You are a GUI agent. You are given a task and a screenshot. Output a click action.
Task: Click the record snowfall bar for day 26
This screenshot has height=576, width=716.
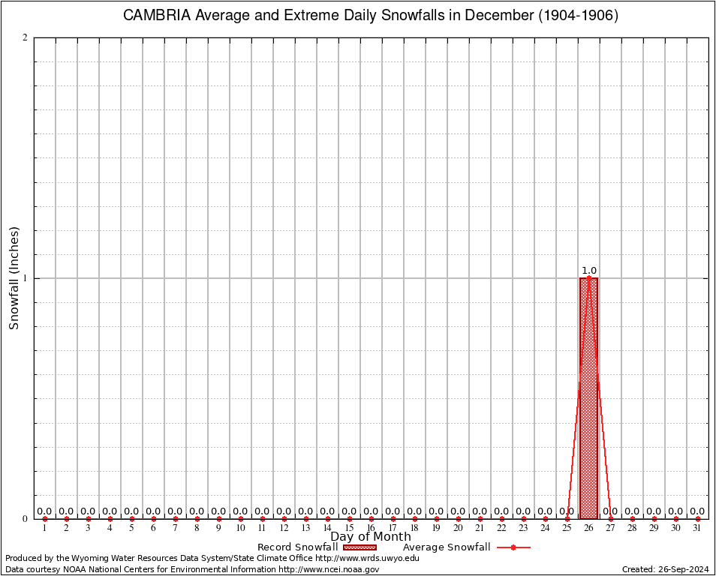pyautogui.click(x=588, y=398)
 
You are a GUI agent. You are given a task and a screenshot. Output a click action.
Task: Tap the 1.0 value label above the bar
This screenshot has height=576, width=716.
pyautogui.click(x=589, y=271)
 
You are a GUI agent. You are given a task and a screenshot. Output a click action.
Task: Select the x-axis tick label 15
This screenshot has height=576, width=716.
pyautogui.click(x=349, y=529)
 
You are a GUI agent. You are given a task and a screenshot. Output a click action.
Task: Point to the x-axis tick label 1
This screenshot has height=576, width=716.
pyautogui.click(x=44, y=529)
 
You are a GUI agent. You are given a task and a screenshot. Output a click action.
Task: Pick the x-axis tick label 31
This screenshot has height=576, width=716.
pyautogui.click(x=697, y=529)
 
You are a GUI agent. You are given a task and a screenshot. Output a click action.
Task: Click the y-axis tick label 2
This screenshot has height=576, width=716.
pyautogui.click(x=25, y=38)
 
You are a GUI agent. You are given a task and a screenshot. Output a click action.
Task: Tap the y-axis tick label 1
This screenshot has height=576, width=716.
pyautogui.click(x=25, y=278)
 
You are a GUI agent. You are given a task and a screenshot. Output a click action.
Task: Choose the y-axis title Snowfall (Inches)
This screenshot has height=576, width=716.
pyautogui.click(x=14, y=278)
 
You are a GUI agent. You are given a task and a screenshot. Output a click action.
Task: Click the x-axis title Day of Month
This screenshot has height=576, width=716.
pyautogui.click(x=371, y=537)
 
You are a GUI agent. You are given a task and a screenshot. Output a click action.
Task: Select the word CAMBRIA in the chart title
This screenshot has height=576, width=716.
pyautogui.click(x=157, y=16)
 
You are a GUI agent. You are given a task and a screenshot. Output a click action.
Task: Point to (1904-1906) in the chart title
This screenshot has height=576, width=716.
pyautogui.click(x=578, y=16)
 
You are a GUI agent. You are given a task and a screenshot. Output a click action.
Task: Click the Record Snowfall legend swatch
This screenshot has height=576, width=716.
pyautogui.click(x=360, y=547)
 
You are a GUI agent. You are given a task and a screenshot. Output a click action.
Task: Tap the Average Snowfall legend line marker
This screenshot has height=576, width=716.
pyautogui.click(x=513, y=547)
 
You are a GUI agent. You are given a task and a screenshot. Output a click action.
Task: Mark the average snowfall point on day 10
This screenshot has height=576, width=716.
pyautogui.click(x=240, y=518)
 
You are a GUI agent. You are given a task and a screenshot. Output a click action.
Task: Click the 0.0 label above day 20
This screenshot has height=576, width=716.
pyautogui.click(x=458, y=511)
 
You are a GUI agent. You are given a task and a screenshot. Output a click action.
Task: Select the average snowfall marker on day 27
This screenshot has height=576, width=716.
pyautogui.click(x=610, y=518)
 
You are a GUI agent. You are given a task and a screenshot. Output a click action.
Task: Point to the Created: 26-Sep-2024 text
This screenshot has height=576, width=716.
pyautogui.click(x=666, y=569)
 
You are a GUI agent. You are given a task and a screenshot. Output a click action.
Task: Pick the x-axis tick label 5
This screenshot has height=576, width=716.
pyautogui.click(x=131, y=529)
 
